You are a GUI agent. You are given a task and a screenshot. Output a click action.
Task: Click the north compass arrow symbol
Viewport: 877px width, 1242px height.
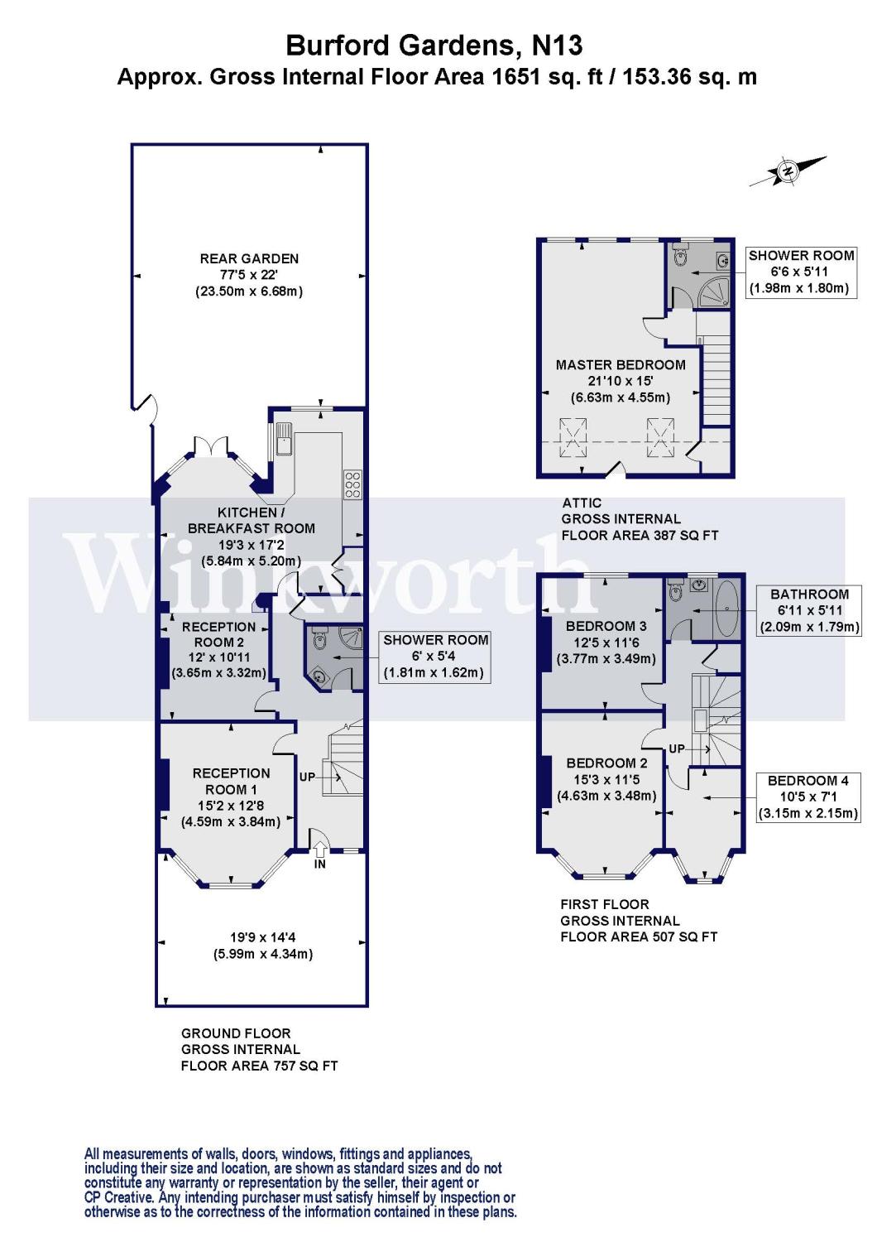[788, 171]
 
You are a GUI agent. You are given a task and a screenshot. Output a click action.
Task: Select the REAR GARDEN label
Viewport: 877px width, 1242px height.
[249, 258]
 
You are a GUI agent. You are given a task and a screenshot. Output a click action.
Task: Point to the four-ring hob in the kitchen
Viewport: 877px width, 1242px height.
[352, 484]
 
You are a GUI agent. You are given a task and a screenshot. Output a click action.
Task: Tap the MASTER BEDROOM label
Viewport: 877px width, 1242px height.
[621, 364]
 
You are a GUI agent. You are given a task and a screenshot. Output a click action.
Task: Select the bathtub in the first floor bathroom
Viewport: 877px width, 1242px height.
[729, 609]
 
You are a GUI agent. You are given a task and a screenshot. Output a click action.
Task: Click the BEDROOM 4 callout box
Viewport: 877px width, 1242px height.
[808, 797]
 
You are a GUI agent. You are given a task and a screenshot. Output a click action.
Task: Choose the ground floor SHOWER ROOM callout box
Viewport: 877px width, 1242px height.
[435, 656]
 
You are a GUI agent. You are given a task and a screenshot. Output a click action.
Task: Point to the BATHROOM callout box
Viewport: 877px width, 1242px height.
[809, 610]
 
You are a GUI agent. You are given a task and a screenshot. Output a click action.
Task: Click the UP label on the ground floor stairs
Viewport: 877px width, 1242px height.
[307, 777]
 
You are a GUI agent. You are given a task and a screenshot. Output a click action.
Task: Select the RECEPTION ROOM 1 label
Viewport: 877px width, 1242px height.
[231, 781]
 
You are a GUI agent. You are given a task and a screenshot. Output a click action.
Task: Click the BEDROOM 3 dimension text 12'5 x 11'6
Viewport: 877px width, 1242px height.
[606, 643]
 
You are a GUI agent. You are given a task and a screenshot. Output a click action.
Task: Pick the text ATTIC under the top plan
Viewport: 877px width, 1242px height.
[582, 503]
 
